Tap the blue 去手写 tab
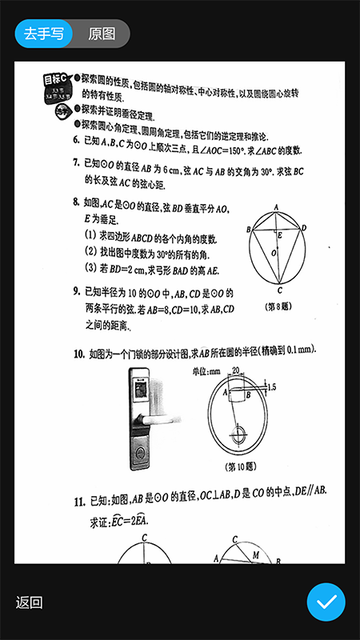click(x=44, y=34)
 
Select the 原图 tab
click(x=102, y=34)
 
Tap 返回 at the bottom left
click(x=29, y=602)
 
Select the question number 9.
click(x=76, y=292)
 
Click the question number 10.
click(x=79, y=353)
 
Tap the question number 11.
click(x=79, y=502)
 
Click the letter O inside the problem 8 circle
click(x=272, y=254)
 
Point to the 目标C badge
click(x=55, y=80)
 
